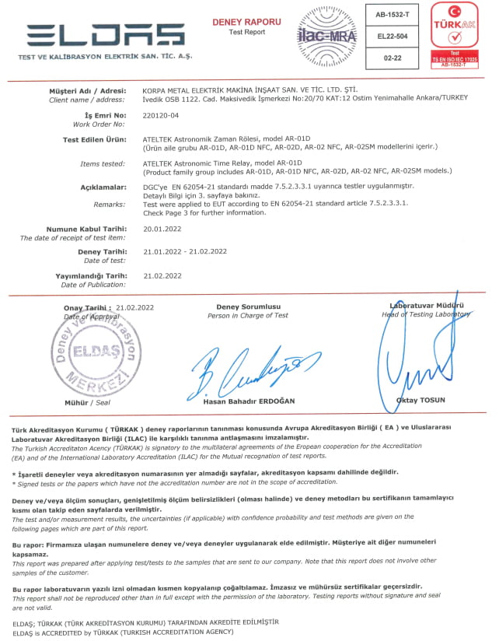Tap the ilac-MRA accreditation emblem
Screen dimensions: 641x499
326,36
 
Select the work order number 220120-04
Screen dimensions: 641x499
161,116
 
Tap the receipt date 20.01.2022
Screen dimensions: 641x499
162,229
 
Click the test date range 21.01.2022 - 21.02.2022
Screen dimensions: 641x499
185,251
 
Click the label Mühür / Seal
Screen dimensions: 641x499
87,403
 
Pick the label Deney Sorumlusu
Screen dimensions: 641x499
248,307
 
